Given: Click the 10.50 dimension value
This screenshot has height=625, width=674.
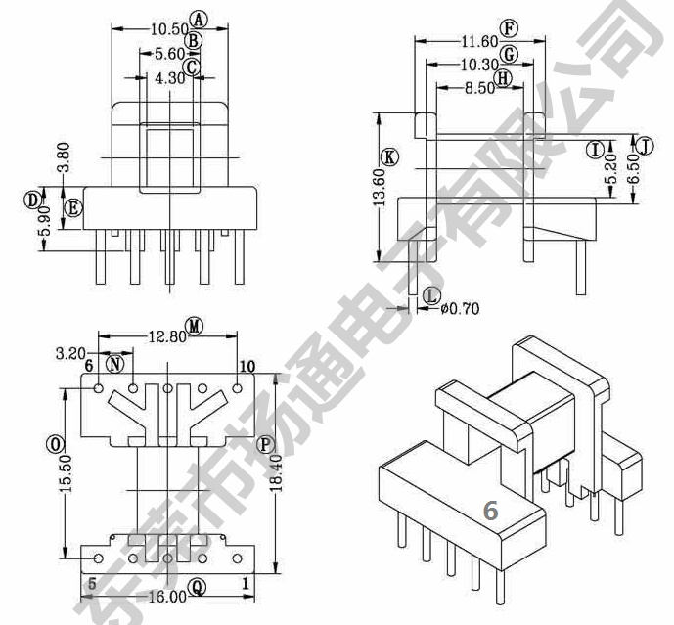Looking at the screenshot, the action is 170,29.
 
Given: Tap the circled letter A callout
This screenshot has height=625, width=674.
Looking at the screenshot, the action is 199,20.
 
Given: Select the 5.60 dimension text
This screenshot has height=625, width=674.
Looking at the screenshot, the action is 170,54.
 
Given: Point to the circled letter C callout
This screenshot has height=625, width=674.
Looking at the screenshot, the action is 192,67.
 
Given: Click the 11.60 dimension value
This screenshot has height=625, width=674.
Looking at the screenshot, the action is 479,42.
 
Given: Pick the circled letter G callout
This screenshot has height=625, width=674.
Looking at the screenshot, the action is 510,55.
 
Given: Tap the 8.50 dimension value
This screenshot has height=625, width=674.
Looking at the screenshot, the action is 479,88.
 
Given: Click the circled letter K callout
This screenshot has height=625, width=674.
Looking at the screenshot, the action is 390,157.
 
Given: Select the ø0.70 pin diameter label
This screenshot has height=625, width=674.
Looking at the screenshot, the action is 461,309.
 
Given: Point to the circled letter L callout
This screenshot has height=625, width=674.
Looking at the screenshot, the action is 431,295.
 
